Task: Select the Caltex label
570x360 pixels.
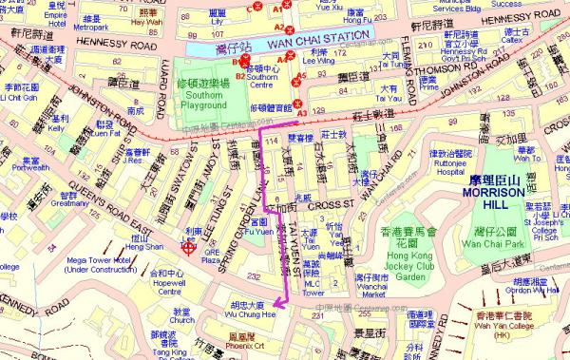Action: (541, 43)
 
